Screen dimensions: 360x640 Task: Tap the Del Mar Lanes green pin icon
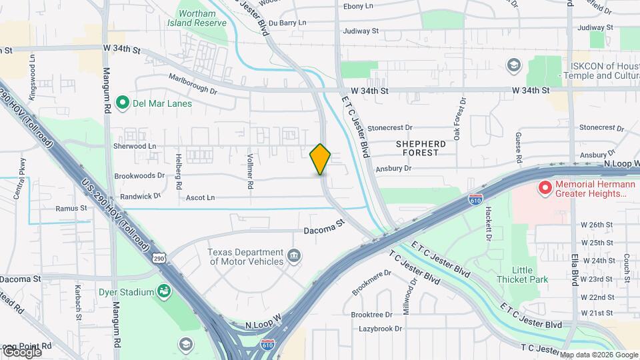122,103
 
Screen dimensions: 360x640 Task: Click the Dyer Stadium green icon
163,291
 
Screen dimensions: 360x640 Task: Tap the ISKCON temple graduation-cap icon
513,65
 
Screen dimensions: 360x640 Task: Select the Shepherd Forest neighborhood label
421,148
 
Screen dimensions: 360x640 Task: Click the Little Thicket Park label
521,274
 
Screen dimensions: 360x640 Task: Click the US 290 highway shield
158,257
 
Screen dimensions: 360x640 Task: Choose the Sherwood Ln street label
135,146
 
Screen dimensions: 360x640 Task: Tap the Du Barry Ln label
287,22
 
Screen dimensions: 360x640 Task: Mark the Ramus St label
71,208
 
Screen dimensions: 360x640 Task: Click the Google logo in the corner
21,351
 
